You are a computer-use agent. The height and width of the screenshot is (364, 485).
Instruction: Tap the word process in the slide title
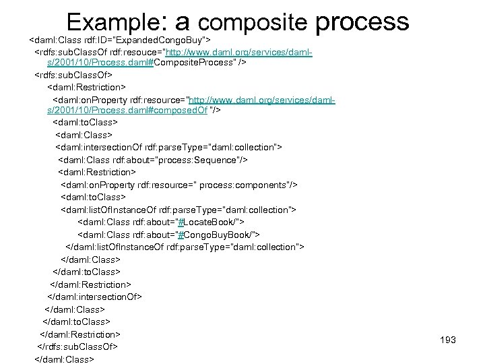tap(362, 22)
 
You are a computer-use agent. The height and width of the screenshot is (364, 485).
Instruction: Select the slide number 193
tap(448, 340)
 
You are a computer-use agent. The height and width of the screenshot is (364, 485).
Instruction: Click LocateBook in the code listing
tap(209, 222)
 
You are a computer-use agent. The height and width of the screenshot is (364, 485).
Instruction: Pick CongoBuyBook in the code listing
tap(216, 234)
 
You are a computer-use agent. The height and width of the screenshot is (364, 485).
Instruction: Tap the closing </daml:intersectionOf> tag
tap(95, 297)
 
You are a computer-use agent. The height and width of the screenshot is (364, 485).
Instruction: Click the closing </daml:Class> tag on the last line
tap(64, 359)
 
